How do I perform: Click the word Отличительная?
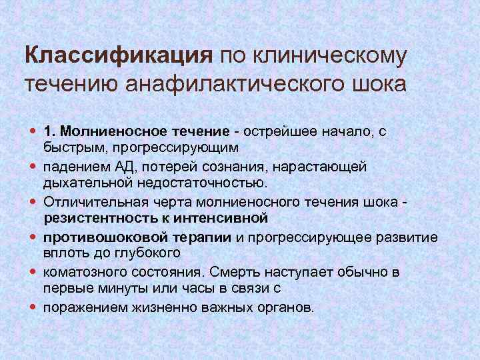tap(89, 201)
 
